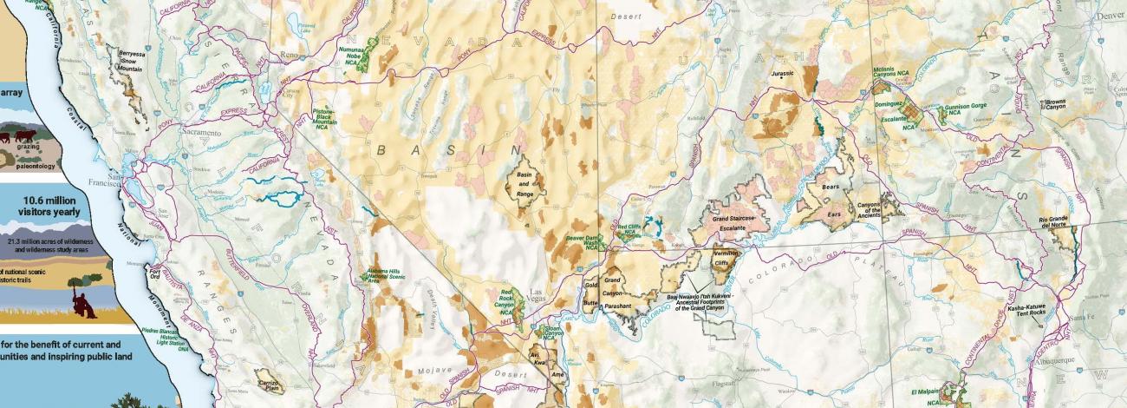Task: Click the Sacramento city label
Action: [202, 133]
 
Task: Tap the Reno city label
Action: [290, 55]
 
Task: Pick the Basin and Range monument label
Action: [524, 184]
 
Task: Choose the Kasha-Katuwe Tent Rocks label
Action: [1029, 312]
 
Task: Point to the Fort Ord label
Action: [155, 275]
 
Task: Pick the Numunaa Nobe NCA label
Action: [350, 56]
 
